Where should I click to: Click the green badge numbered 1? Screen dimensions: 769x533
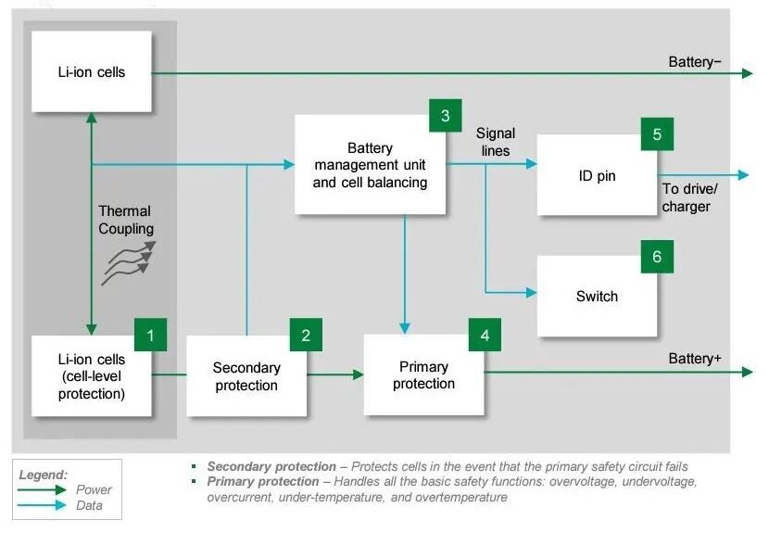coord(151,335)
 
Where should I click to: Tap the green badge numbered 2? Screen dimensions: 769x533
coord(306,335)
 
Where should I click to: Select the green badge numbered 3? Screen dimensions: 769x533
coord(446,115)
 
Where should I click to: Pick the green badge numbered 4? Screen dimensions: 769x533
coord(485,335)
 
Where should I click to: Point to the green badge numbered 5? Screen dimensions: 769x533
coord(657,134)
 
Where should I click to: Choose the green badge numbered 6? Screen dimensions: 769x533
coord(657,256)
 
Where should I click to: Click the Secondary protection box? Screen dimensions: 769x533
coord(246,376)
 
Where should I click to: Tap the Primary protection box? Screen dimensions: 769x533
coord(423,375)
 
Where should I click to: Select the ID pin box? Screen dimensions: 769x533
coord(597,175)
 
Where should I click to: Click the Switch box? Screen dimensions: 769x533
coord(597,296)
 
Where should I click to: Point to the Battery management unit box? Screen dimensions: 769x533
coord(371,164)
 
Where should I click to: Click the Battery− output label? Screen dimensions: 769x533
coord(695,62)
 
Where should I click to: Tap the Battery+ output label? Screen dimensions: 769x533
coord(695,359)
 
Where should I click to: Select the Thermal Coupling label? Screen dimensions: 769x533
coord(126,220)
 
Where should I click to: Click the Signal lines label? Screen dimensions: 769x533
coord(496,142)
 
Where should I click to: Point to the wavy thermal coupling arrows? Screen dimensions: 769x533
coord(129,262)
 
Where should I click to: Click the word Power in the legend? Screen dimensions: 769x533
coord(94,489)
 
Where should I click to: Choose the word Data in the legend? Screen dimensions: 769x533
coord(89,505)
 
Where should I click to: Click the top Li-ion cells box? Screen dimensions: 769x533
coord(92,71)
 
